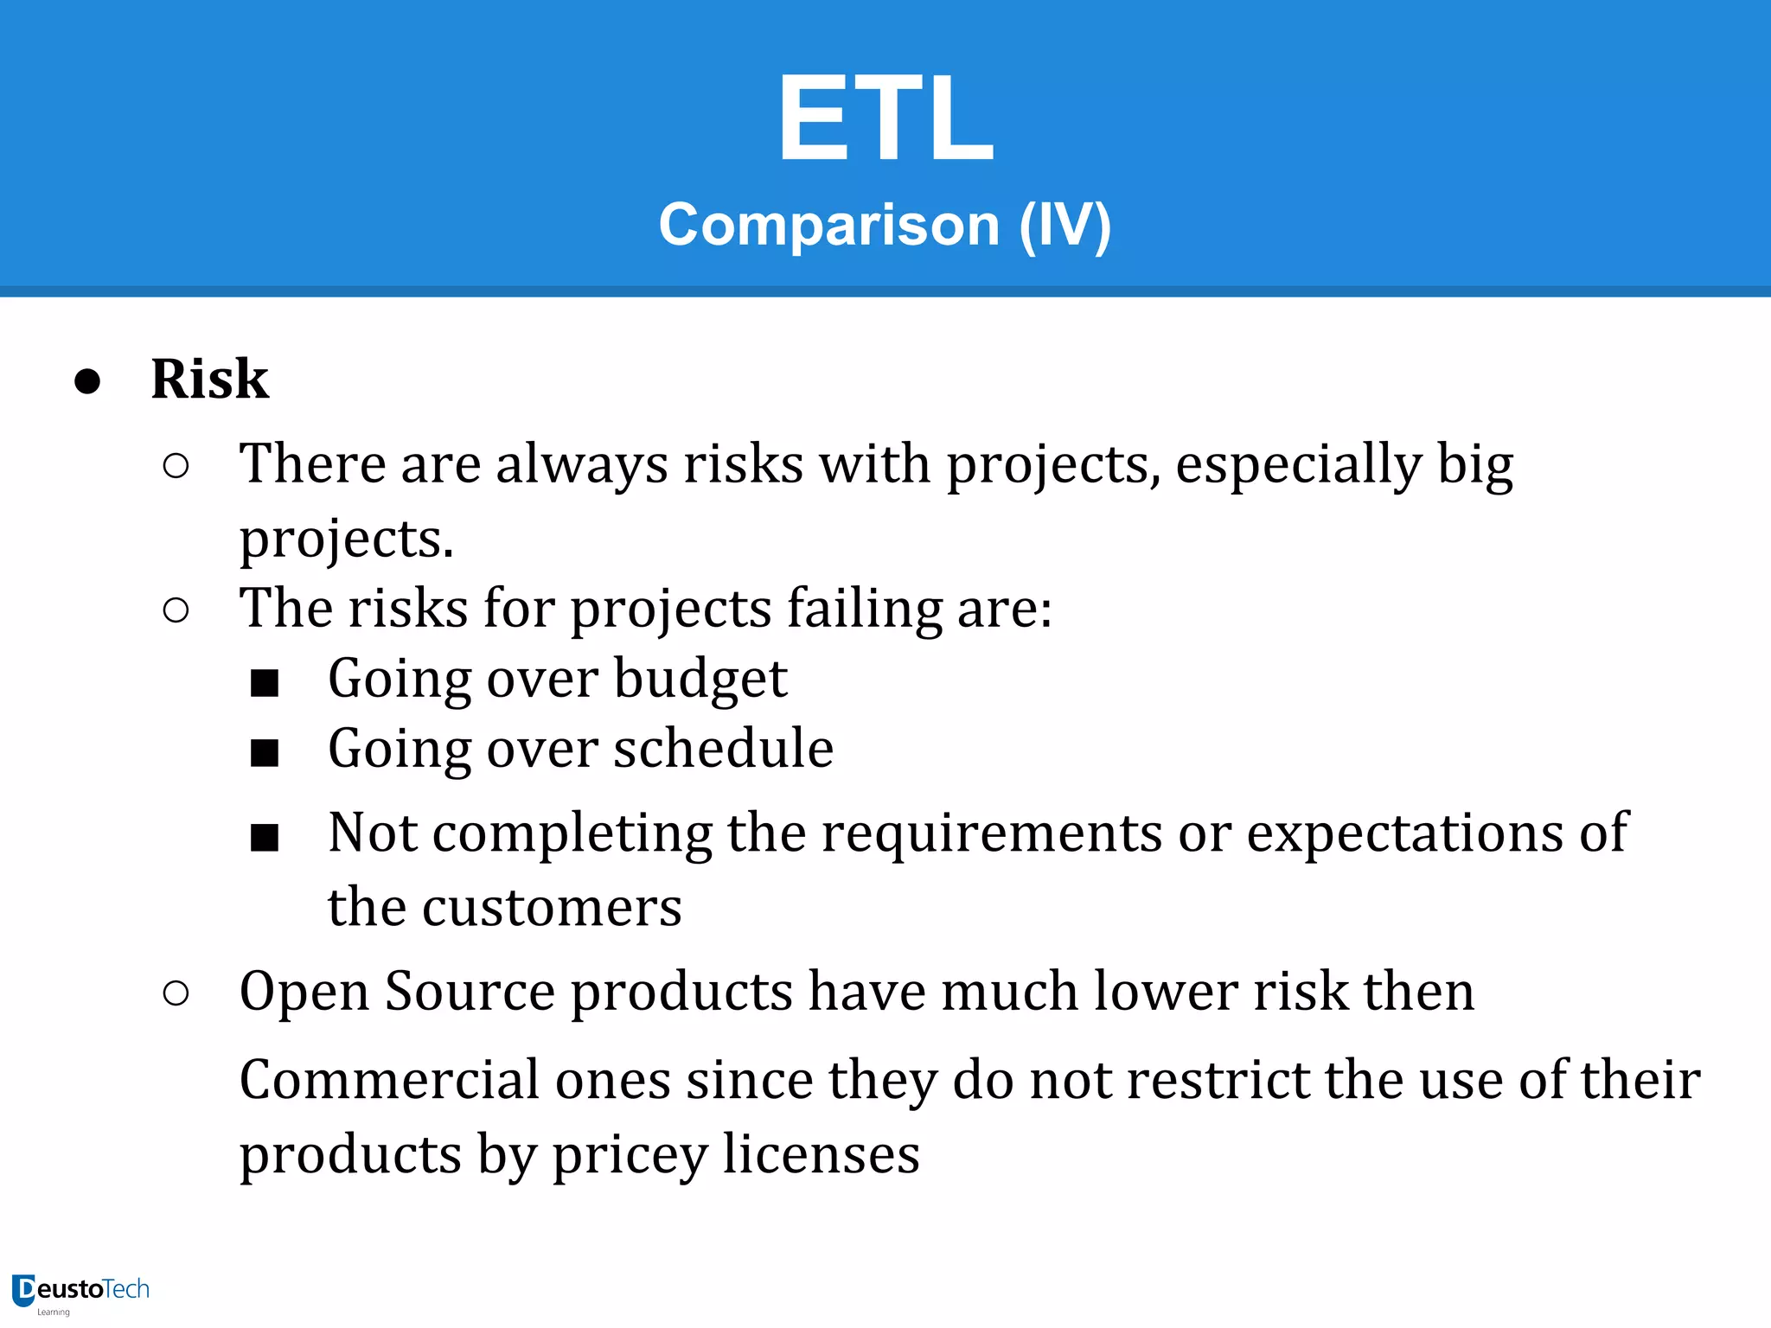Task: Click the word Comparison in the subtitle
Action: (828, 225)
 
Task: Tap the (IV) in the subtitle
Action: (1065, 225)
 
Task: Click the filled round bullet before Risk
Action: (87, 381)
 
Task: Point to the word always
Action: (581, 464)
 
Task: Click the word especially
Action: (1298, 464)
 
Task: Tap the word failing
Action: (864, 608)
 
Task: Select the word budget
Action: (700, 678)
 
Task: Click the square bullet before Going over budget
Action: (265, 683)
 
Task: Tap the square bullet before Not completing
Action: (265, 837)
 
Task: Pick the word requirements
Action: (992, 833)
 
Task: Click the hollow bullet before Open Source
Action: (176, 993)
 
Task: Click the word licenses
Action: (821, 1154)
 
